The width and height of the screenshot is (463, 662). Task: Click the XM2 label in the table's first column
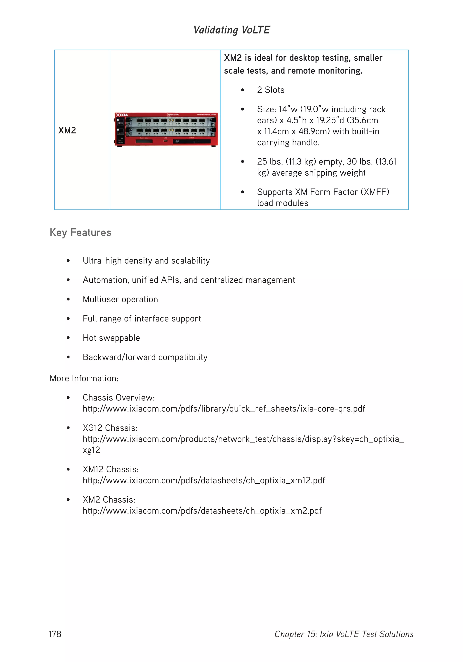point(67,130)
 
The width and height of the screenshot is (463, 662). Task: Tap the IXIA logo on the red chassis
point(122,115)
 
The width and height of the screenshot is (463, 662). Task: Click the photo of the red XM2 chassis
point(166,130)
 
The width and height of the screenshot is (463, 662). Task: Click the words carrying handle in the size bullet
point(288,143)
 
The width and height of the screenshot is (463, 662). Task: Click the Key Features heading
point(80,232)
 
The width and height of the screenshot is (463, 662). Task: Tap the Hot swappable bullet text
point(111,338)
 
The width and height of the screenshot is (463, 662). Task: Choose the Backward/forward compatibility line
point(145,357)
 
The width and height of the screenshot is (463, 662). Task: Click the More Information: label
point(84,378)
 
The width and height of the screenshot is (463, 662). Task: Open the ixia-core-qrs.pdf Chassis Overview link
point(224,409)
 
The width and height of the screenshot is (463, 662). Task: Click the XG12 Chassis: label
point(110,428)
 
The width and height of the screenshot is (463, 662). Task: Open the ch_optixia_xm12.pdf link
point(204,480)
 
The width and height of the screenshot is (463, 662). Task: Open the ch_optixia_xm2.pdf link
point(202,511)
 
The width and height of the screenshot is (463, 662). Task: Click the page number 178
point(55,634)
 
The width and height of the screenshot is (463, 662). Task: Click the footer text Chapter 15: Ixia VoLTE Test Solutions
point(343,634)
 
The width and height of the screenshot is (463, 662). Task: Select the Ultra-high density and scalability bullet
point(146,261)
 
